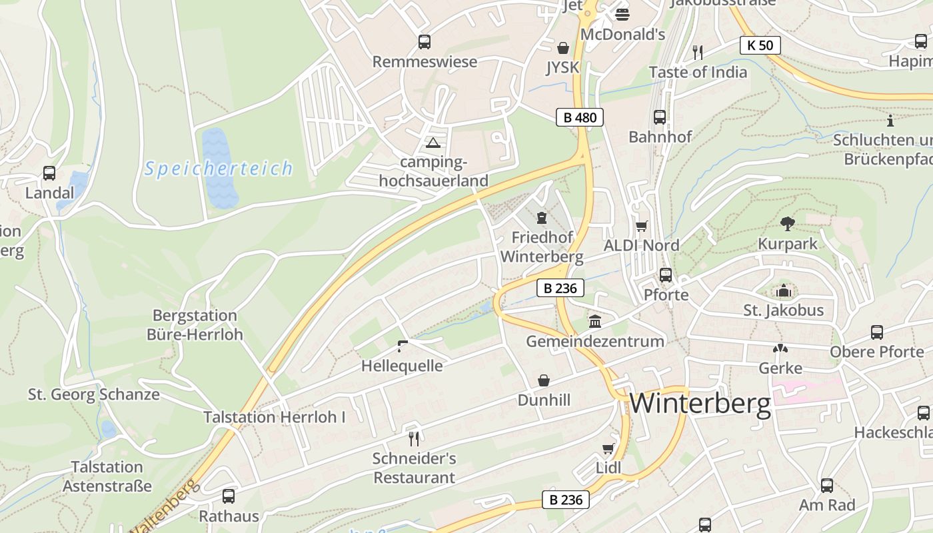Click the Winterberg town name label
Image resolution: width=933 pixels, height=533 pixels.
coord(700,403)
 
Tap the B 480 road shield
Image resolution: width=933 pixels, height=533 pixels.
coord(580,118)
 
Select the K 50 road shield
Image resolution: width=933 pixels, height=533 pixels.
coord(760,45)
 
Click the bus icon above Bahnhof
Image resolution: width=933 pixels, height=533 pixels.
coord(660,117)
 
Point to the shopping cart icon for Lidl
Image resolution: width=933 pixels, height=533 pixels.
coord(608,448)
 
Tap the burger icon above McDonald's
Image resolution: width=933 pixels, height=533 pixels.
coord(622,14)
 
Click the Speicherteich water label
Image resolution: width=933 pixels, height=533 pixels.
coord(219,169)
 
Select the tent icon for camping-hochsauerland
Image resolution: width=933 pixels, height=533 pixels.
coord(433,143)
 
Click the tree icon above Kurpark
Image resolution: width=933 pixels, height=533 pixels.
coord(787,224)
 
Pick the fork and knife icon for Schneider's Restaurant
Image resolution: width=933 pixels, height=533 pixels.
coord(414,438)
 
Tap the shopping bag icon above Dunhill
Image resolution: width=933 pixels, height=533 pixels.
coord(544,380)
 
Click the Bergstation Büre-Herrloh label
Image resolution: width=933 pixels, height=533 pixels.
coord(195,324)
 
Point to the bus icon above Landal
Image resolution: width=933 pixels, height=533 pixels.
coord(49,173)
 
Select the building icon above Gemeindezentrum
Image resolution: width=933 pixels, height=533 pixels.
coord(595,322)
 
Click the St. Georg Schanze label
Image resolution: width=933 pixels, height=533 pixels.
coord(94,394)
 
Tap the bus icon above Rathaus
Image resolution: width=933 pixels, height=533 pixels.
coord(228,496)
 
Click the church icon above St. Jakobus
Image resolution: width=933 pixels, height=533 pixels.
coord(783,290)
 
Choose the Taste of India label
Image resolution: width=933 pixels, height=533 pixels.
coord(698,72)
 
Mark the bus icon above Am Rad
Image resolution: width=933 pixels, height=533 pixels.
coord(827,486)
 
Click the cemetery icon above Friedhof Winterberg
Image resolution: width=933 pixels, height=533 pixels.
coord(541,218)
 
